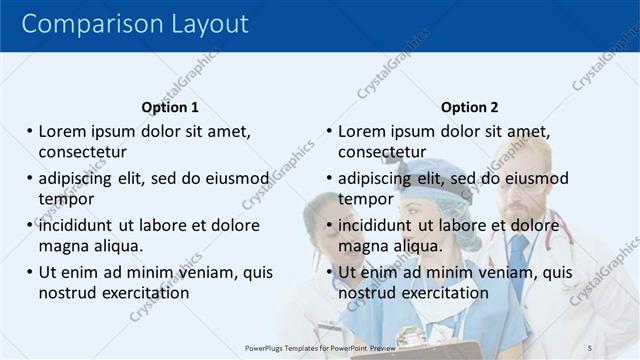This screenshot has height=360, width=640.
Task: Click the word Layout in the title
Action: point(205,24)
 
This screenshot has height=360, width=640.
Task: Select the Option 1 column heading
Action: point(170,107)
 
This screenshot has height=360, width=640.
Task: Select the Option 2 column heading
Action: point(469,107)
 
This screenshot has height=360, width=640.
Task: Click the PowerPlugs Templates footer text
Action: point(320,347)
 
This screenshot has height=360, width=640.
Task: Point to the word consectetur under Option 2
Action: point(382,152)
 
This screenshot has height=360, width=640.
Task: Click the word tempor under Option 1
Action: point(66,198)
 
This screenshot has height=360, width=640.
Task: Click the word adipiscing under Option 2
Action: point(375,179)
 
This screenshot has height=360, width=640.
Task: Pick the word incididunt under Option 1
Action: point(82,225)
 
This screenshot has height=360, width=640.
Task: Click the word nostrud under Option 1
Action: point(68,292)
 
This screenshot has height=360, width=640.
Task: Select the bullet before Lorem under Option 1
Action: point(30,132)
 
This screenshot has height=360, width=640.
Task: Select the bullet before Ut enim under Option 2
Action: point(330,272)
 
